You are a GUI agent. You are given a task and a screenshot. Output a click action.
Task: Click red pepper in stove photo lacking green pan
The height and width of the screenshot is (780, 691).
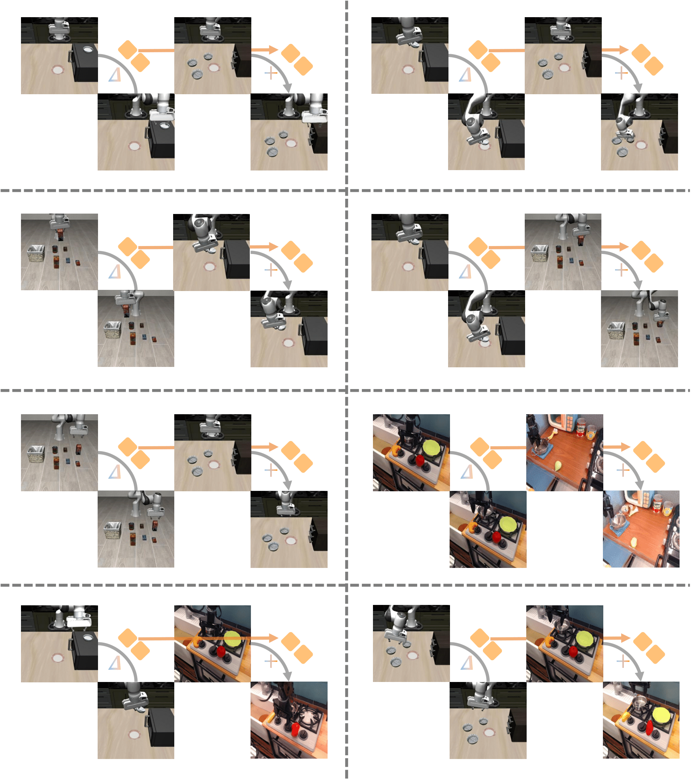click(294, 729)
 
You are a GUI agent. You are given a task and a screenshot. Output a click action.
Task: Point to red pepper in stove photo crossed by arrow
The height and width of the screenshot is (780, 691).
click(221, 651)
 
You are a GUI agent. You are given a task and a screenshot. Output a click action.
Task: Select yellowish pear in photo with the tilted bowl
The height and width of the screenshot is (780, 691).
click(634, 542)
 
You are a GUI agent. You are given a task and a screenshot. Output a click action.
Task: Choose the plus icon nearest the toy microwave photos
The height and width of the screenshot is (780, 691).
click(623, 470)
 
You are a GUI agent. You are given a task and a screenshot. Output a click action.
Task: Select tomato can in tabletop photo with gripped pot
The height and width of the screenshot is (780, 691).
click(581, 427)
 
